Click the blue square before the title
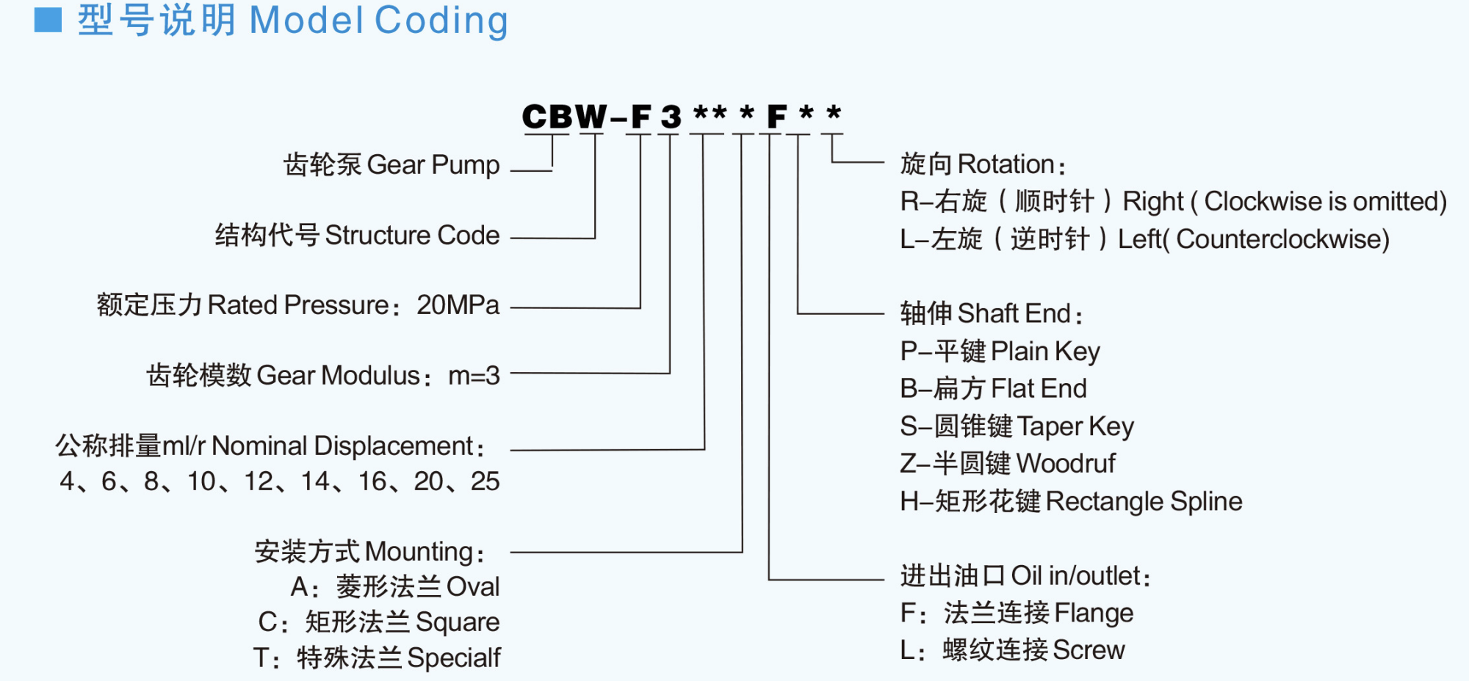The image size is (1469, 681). point(48,20)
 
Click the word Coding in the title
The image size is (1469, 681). point(441,21)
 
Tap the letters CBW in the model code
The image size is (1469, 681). point(564,117)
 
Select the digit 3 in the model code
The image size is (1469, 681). point(671,117)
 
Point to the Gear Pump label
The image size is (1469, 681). point(433,165)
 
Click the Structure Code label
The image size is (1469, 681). point(411,236)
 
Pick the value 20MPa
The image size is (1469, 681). point(458,305)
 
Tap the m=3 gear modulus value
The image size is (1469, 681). point(474,376)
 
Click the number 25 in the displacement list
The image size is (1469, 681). point(485,481)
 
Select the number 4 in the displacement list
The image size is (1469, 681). point(67,481)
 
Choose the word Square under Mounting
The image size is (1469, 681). point(457,622)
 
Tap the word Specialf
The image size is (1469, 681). point(453,658)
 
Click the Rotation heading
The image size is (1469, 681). point(1006,164)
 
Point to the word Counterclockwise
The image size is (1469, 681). point(1282,240)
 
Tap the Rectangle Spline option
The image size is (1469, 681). point(1144,501)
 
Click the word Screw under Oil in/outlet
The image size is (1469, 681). point(1088,650)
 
